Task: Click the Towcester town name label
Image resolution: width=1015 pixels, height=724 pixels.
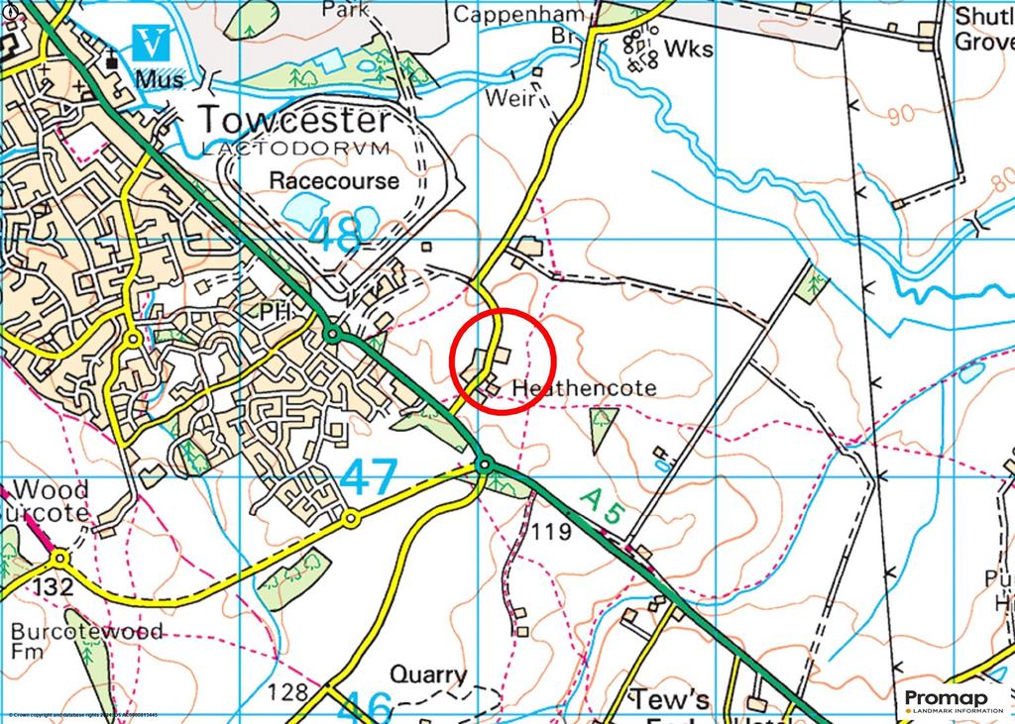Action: [295, 120]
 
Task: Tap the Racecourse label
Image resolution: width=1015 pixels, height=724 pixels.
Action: [334, 180]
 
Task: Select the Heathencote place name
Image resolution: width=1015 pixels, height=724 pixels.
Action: [584, 388]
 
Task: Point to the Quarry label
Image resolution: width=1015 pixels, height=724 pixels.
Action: [428, 675]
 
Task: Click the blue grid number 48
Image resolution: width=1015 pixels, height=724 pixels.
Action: [335, 236]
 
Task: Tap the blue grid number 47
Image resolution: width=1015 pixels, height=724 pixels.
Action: [369, 477]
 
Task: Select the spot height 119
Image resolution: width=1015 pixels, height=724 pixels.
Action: [550, 532]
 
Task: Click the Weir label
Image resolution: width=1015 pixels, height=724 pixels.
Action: [510, 98]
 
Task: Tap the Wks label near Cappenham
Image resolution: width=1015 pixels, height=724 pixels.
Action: [689, 47]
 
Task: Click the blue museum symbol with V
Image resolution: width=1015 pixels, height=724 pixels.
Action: [151, 43]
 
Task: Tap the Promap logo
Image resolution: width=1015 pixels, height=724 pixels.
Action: [954, 700]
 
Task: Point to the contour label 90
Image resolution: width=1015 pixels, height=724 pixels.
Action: [900, 115]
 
